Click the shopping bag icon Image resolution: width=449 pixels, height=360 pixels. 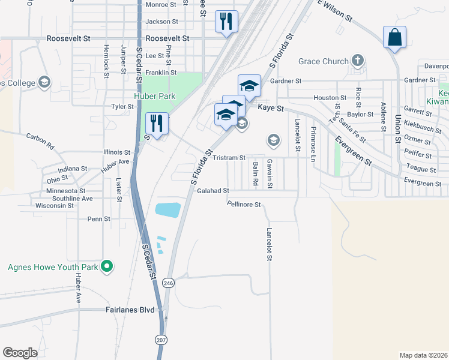(394, 37)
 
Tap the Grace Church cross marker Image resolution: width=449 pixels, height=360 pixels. (358, 61)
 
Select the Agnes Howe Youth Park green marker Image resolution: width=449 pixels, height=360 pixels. (107, 266)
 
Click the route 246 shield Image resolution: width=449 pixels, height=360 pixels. (169, 283)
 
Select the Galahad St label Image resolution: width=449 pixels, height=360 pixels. (213, 191)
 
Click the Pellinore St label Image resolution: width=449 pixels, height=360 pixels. (244, 205)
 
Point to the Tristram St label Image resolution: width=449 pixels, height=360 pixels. (229, 158)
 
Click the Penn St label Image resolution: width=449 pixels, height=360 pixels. (99, 219)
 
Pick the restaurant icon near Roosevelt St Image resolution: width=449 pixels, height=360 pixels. (226, 22)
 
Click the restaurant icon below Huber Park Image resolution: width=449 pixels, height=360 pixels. (157, 124)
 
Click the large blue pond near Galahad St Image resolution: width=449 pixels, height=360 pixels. (167, 209)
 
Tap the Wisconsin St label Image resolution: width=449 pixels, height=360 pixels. (55, 205)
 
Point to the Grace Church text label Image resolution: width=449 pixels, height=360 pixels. (323, 61)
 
